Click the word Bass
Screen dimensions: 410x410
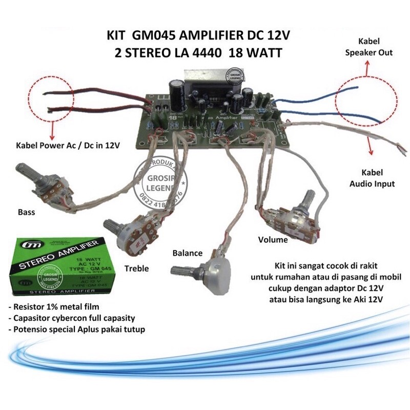(x=27, y=212)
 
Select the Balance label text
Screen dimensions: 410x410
(x=188, y=253)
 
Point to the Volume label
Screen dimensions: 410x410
(x=273, y=239)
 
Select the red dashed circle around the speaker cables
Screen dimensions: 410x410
(x=365, y=101)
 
